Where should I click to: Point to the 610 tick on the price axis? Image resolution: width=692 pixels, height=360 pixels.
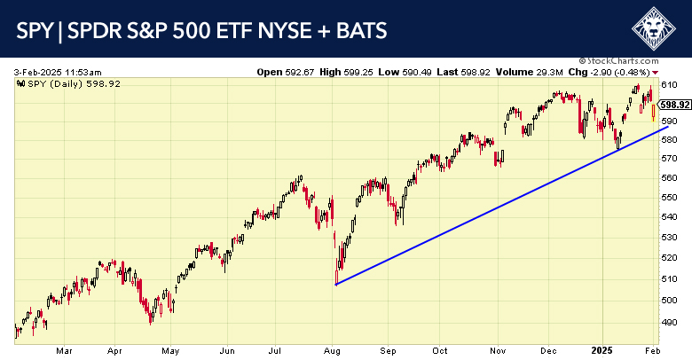click(x=669, y=84)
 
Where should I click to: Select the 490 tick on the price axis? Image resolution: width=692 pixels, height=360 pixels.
click(x=669, y=323)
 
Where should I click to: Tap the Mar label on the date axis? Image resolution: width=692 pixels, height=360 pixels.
click(x=63, y=351)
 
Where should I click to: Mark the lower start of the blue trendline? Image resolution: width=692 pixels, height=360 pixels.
click(x=336, y=284)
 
